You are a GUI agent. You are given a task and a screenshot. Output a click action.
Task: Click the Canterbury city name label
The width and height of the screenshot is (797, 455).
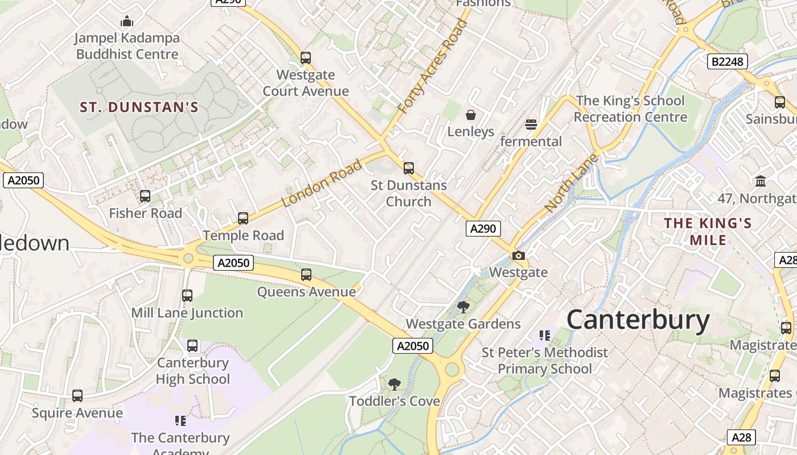[x=638, y=320]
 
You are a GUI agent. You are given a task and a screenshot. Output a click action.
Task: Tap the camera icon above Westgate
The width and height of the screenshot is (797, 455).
[x=518, y=256]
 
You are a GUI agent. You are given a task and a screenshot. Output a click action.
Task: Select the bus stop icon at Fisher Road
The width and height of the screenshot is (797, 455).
[x=145, y=196]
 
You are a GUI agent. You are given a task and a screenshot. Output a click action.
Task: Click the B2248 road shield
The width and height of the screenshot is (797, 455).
[x=728, y=61]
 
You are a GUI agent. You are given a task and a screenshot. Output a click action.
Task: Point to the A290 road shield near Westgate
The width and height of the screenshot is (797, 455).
[x=483, y=229]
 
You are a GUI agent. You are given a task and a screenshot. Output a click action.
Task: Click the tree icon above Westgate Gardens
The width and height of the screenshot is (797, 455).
[x=463, y=308]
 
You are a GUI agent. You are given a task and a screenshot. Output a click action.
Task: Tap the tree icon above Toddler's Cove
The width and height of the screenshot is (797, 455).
[x=394, y=384]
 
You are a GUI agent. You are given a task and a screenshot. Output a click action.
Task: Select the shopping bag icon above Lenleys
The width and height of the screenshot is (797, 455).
[x=471, y=115]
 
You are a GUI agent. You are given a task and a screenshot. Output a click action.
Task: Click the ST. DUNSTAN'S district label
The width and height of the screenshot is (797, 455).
[x=139, y=107]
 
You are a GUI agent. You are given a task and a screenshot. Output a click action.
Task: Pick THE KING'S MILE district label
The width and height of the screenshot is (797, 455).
[x=708, y=231]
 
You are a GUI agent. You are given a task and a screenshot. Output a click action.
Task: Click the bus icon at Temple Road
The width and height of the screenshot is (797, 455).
[x=243, y=218]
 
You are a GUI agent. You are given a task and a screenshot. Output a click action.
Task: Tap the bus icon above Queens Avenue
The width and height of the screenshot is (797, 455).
[x=306, y=275]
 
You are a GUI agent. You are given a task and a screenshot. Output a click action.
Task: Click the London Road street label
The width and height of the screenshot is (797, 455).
[x=322, y=183]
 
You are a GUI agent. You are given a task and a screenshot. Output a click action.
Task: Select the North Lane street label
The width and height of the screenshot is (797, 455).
[x=571, y=182]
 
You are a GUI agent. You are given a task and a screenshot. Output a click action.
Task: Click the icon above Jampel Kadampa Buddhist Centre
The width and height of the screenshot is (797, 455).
[x=127, y=22]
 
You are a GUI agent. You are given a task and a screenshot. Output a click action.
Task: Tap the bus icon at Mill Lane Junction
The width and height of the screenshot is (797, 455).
[x=187, y=296]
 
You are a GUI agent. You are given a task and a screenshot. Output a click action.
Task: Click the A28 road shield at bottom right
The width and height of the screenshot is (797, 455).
[x=741, y=437]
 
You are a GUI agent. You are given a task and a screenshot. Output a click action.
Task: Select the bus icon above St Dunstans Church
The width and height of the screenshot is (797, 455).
[x=409, y=168]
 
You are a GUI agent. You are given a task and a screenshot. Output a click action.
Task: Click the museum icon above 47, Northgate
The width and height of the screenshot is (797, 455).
[x=760, y=181]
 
